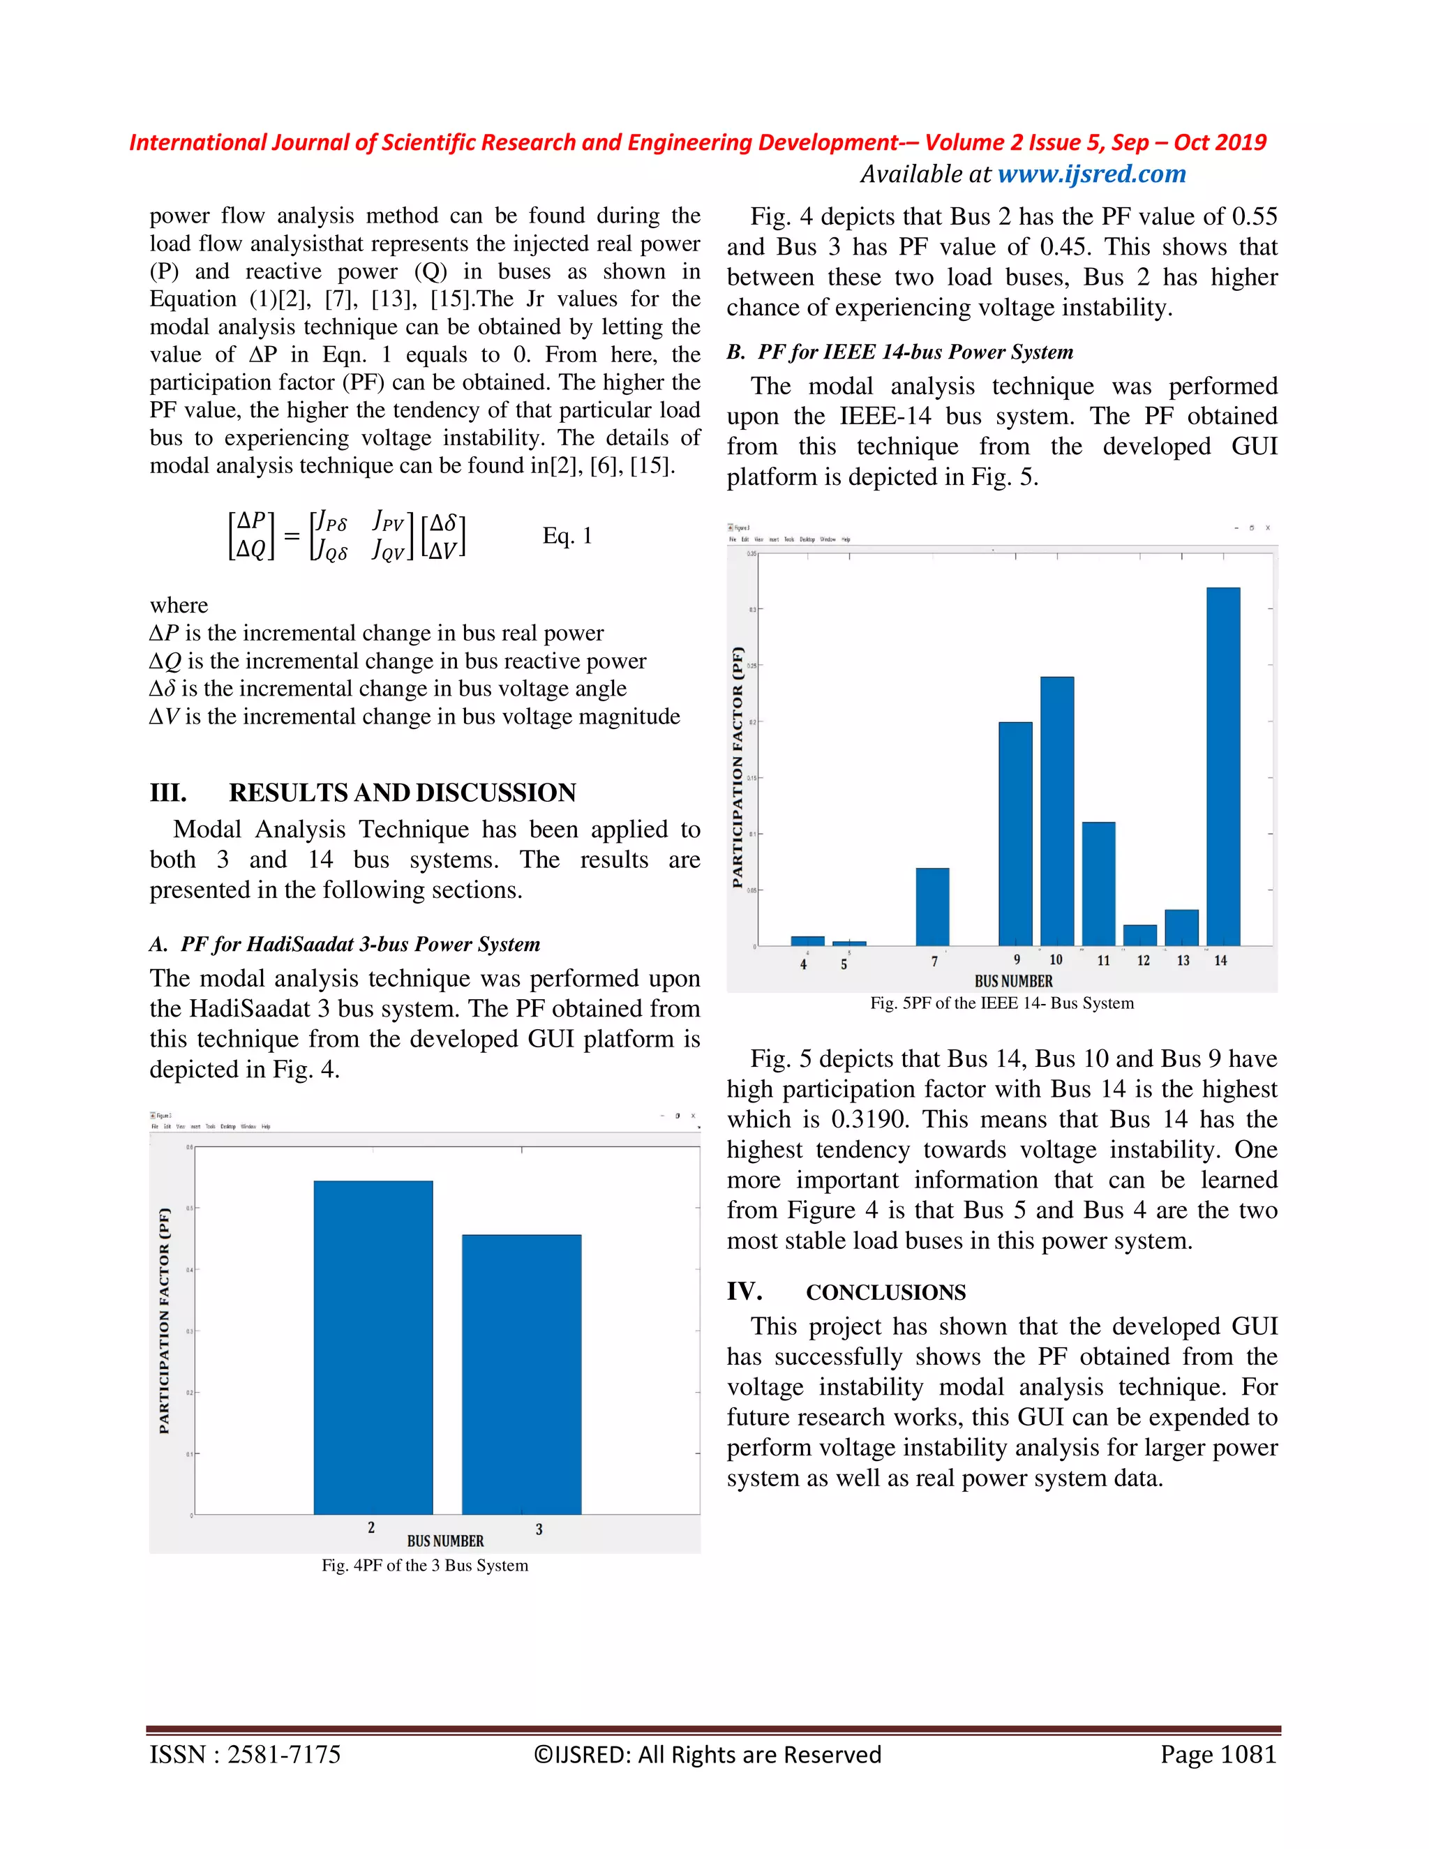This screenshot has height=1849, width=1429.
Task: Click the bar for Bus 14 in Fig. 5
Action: pyautogui.click(x=1222, y=766)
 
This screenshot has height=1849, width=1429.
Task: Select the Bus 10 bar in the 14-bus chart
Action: pyautogui.click(x=1056, y=811)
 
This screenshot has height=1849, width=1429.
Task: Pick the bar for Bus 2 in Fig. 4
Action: pyautogui.click(x=373, y=1346)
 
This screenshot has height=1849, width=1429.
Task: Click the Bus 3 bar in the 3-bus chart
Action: pyautogui.click(x=521, y=1373)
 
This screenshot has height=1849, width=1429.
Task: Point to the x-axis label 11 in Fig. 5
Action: pyautogui.click(x=1103, y=960)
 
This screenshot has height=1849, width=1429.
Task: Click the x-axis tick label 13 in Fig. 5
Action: pyautogui.click(x=1183, y=960)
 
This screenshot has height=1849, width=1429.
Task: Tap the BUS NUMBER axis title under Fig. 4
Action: pyautogui.click(x=445, y=1541)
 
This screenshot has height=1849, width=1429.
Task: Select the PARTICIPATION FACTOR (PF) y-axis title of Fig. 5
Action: pyautogui.click(x=738, y=766)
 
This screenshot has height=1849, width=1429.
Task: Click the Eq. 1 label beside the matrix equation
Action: pyautogui.click(x=567, y=536)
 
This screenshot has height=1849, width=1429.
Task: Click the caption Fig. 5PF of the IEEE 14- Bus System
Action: pyautogui.click(x=1001, y=1003)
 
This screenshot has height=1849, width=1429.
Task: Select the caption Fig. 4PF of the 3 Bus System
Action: pyautogui.click(x=424, y=1566)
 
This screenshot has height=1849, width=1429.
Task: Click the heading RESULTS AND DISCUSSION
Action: pyautogui.click(x=402, y=793)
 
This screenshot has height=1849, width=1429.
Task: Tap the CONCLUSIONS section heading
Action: pyautogui.click(x=885, y=1292)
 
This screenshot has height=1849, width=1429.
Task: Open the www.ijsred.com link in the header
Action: pyautogui.click(x=1091, y=174)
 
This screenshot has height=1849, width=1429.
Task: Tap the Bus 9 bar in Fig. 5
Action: pyautogui.click(x=1015, y=834)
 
